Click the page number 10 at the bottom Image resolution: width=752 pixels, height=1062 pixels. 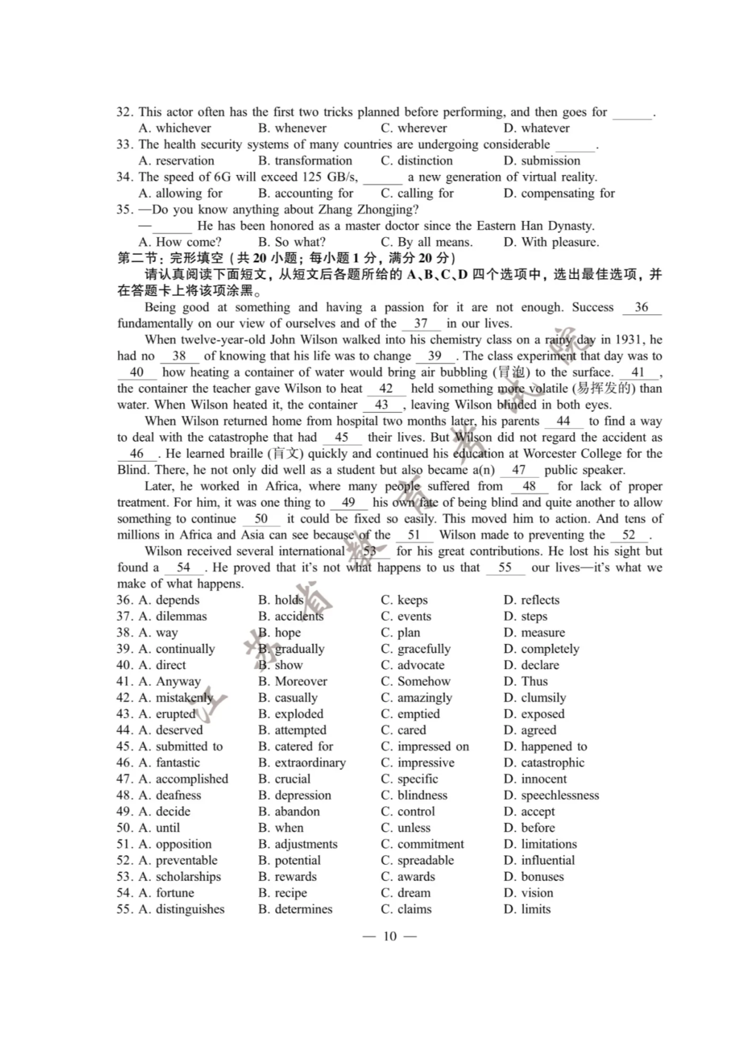coord(390,936)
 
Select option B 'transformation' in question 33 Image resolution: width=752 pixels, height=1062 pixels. coord(305,160)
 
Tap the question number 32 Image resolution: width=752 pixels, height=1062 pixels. coord(124,112)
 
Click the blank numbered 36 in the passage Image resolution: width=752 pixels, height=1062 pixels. coord(641,308)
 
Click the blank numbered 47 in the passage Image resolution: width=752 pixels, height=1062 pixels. coord(519,470)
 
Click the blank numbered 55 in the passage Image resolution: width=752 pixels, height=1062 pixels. coord(505,568)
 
